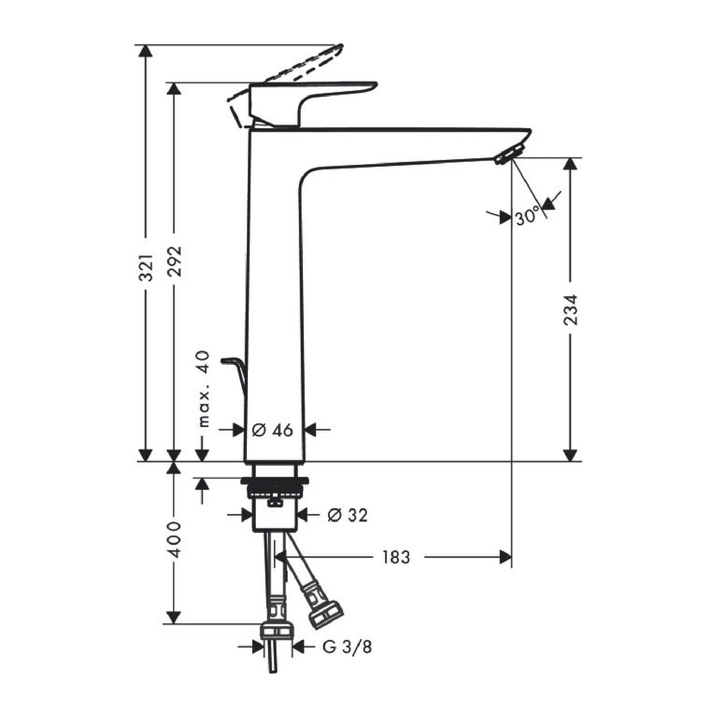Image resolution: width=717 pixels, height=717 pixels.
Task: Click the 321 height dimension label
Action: (146, 268)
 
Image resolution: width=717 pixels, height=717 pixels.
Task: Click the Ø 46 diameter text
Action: (272, 430)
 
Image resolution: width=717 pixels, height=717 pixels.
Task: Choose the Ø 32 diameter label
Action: (347, 515)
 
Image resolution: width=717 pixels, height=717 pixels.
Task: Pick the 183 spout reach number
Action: (396, 557)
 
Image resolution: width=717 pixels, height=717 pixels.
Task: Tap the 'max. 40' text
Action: (204, 389)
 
